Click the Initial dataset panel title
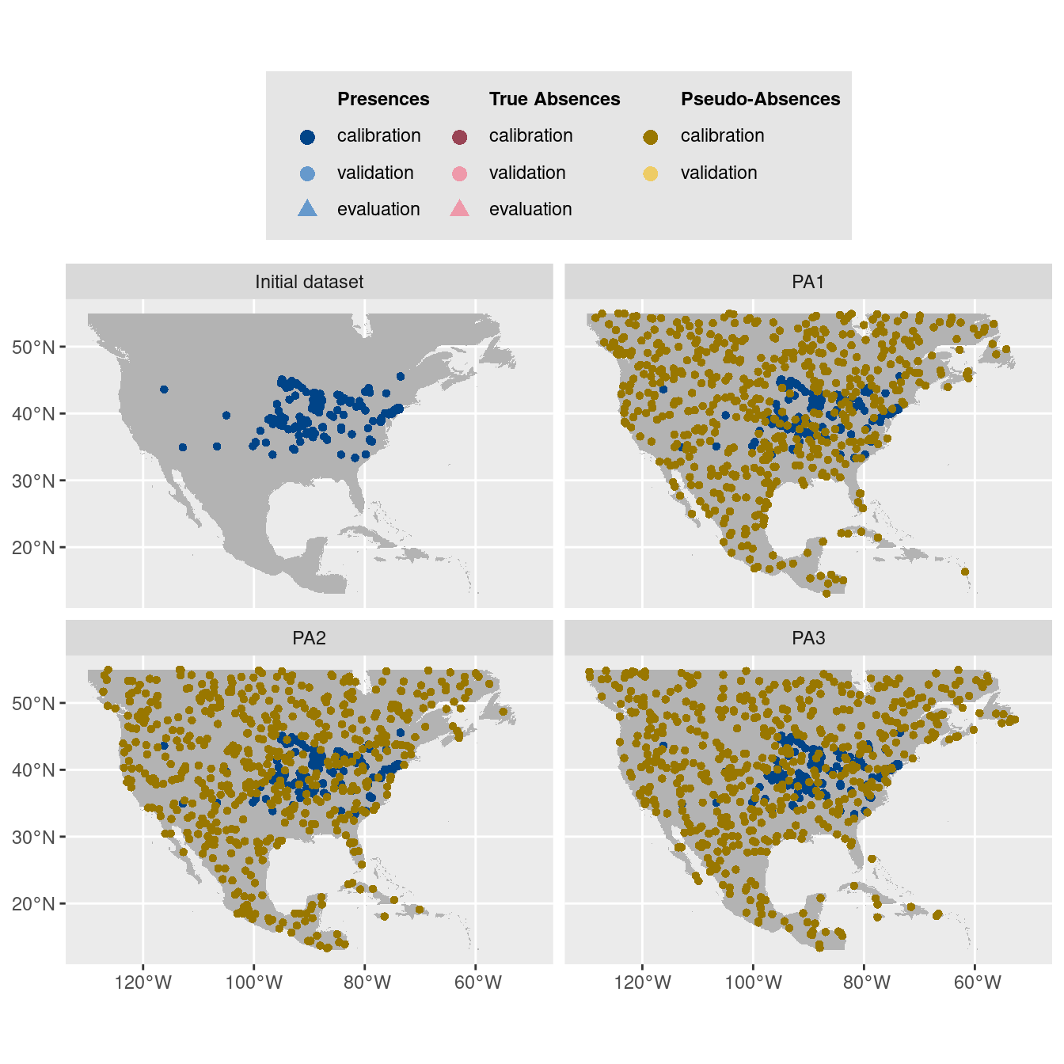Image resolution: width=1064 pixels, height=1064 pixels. point(309,282)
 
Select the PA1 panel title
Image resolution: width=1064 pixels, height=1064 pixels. point(808,282)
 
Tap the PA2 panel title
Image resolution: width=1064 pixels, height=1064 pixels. point(309,638)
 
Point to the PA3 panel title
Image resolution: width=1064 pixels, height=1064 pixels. point(808,638)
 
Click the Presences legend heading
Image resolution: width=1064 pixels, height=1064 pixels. point(383,99)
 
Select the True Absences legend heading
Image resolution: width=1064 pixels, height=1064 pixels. point(554,99)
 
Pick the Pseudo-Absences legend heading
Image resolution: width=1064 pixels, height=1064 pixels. point(760,99)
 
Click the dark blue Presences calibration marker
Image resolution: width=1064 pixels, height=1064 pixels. point(308,137)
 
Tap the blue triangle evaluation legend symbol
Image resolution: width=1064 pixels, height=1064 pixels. point(307,209)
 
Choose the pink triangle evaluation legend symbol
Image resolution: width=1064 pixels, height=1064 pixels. point(459,209)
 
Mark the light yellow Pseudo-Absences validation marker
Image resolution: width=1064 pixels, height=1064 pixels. point(651,173)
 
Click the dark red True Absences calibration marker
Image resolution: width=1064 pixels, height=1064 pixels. point(459,137)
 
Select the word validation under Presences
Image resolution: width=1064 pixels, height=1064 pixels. point(375,173)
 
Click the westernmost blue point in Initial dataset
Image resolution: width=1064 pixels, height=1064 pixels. point(164,389)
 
